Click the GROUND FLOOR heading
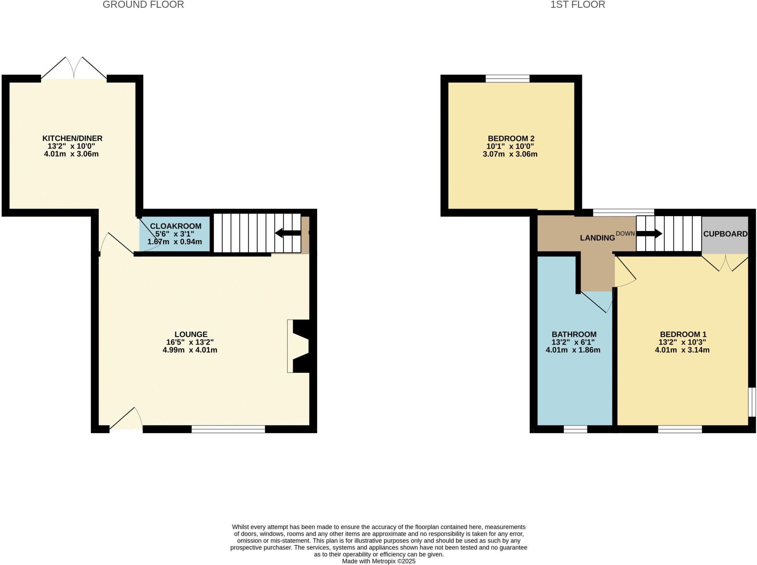pyautogui.click(x=143, y=5)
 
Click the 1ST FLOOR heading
pyautogui.click(x=577, y=5)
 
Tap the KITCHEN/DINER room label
pyautogui.click(x=72, y=138)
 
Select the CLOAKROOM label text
pyautogui.click(x=176, y=226)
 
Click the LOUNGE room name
pyautogui.click(x=191, y=334)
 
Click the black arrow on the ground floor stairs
pyautogui.click(x=288, y=233)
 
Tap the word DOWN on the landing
pyautogui.click(x=625, y=234)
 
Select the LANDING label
pyautogui.click(x=597, y=238)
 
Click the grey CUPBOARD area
pyautogui.click(x=725, y=234)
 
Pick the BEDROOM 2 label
pyautogui.click(x=511, y=139)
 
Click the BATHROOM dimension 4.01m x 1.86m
pyautogui.click(x=573, y=350)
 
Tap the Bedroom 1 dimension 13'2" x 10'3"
pyautogui.click(x=682, y=342)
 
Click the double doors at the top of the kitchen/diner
pyautogui.click(x=74, y=70)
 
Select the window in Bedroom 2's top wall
pyautogui.click(x=507, y=78)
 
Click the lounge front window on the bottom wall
pyautogui.click(x=228, y=429)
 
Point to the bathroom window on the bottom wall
pyautogui.click(x=575, y=429)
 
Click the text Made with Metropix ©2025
pyautogui.click(x=378, y=561)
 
